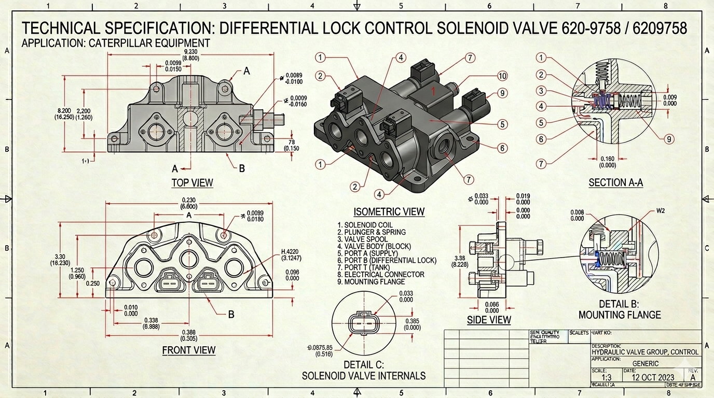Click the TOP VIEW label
pyautogui.click(x=192, y=182)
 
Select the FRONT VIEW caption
pyautogui.click(x=188, y=350)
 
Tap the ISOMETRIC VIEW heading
pyautogui.click(x=389, y=211)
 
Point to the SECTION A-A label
pyautogui.click(x=615, y=182)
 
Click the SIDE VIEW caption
pyautogui.click(x=489, y=320)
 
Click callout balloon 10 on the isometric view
pyautogui.click(x=502, y=76)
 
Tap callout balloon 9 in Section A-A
pyautogui.click(x=669, y=138)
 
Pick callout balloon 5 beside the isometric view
pyautogui.click(x=502, y=124)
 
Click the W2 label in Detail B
pyautogui.click(x=661, y=210)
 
